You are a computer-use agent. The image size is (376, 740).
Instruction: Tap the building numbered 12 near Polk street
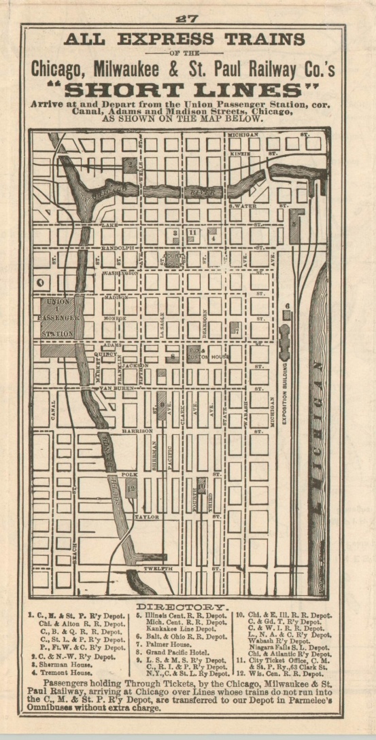pos(131,487)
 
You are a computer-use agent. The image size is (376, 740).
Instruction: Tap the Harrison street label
pos(137,431)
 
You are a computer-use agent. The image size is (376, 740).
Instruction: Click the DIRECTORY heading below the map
pos(183,605)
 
